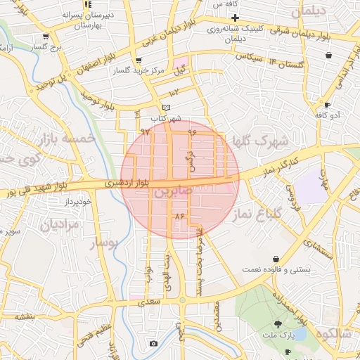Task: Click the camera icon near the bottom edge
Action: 153,343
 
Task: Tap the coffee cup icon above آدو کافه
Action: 328,105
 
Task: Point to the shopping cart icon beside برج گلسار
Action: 46,37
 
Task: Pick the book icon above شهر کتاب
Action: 166,107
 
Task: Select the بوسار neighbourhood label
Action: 107,243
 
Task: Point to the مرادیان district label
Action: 60,225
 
